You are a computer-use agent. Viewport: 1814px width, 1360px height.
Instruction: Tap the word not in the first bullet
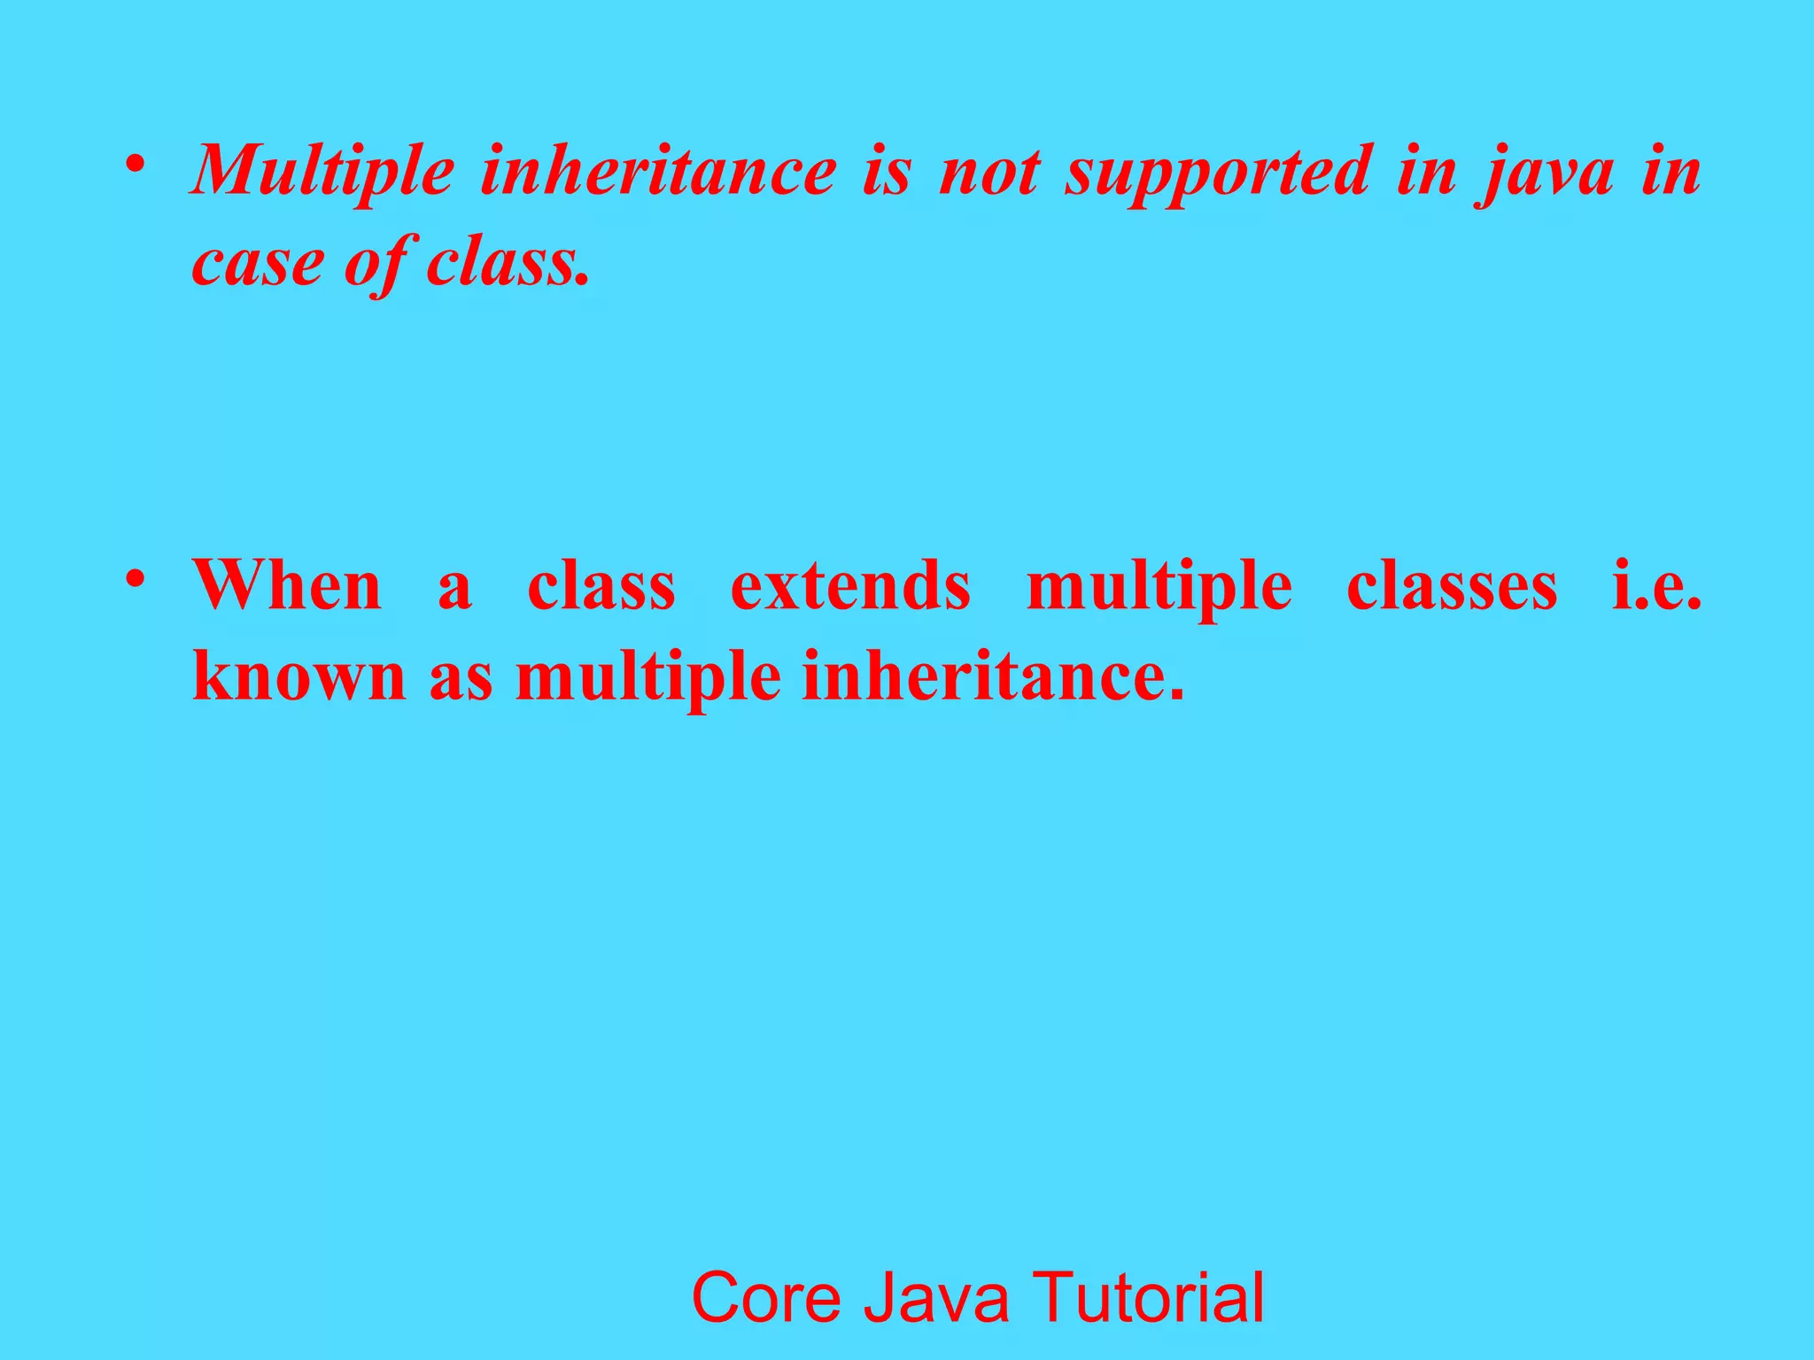(988, 172)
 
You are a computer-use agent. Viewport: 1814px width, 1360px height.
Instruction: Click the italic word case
(258, 263)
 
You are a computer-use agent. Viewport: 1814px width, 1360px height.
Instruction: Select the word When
(288, 585)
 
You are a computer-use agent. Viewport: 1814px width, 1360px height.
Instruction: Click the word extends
(850, 585)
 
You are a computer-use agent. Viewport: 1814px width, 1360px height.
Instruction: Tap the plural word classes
(1452, 585)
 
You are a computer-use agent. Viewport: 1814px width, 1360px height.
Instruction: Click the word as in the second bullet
(461, 678)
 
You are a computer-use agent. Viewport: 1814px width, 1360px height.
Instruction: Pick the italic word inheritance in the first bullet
(658, 172)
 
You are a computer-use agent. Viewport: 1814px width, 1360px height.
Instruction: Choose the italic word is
(886, 172)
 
